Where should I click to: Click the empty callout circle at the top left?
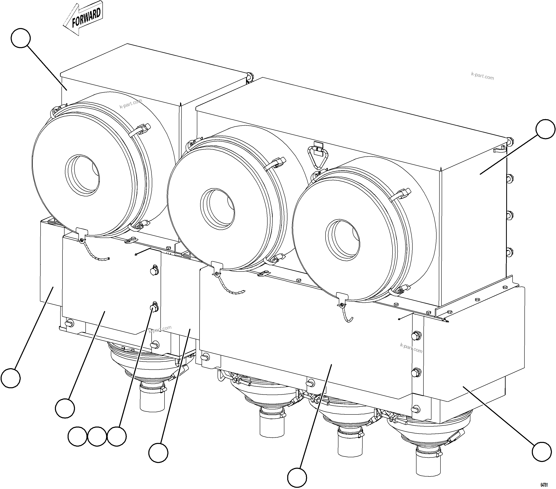[21, 38]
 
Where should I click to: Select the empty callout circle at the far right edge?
[545, 129]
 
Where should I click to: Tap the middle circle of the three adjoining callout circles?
[97, 437]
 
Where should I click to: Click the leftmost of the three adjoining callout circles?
[77, 437]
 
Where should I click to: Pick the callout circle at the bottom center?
[297, 478]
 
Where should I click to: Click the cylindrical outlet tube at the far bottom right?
[428, 464]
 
